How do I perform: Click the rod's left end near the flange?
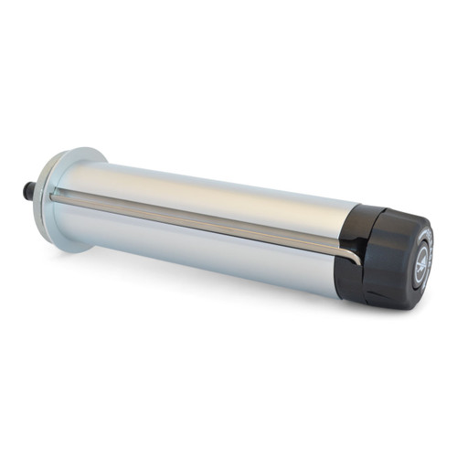click(57, 195)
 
